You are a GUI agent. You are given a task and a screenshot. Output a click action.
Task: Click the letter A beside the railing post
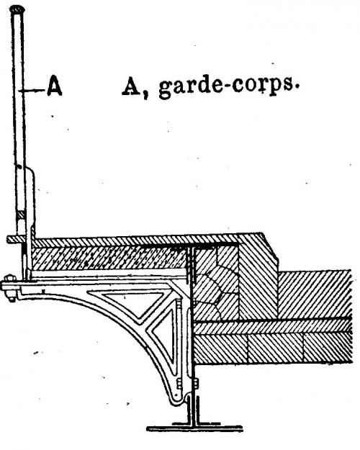[x=55, y=85]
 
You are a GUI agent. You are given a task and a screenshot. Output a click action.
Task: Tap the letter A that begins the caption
[x=130, y=85]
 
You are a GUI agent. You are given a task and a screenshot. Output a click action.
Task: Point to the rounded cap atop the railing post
[x=17, y=9]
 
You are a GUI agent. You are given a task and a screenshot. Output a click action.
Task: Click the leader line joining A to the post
[x=32, y=91]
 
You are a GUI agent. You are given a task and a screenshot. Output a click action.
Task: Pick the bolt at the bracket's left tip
[x=10, y=288]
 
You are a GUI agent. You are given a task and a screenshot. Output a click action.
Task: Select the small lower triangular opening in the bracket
[x=164, y=336]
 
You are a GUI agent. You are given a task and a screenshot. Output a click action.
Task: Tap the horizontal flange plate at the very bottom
[x=194, y=428]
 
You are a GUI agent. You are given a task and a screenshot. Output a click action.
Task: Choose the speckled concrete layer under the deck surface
[x=109, y=259]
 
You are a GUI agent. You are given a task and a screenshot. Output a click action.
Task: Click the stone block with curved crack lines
[x=215, y=283]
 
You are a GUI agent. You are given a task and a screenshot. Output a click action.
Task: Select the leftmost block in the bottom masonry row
[x=220, y=348]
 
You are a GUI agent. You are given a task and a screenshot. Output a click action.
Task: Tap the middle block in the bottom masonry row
[x=275, y=348]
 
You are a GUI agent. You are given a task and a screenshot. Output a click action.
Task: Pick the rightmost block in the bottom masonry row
[x=328, y=347]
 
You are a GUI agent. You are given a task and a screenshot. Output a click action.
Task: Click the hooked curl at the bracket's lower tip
[x=179, y=399]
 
